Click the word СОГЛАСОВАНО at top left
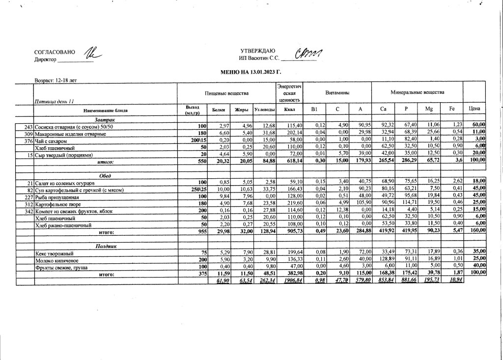coord(55,52)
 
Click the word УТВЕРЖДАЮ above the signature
coord(258,51)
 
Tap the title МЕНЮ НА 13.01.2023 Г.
coord(251,72)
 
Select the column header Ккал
coord(289,111)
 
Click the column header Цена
coord(475,108)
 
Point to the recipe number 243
coord(28,127)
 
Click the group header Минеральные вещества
coord(417,92)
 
